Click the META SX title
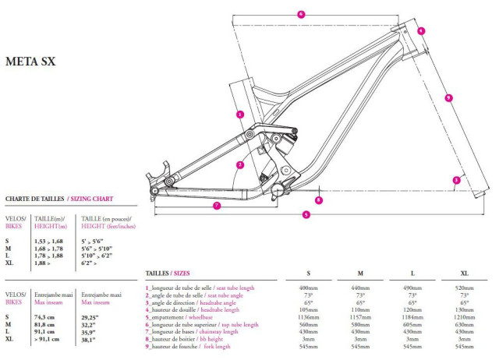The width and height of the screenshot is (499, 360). [x=32, y=61]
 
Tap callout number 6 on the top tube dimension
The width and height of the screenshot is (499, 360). [x=301, y=14]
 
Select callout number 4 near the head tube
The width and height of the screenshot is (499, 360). [x=420, y=31]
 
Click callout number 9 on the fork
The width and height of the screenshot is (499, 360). [x=448, y=97]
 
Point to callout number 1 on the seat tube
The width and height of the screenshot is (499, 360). [x=240, y=115]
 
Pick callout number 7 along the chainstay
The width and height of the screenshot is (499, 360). [x=217, y=205]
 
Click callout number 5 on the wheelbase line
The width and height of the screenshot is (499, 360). [x=306, y=214]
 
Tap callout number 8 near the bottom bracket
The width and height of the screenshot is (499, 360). [x=319, y=200]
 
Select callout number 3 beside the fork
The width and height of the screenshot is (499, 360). [x=456, y=180]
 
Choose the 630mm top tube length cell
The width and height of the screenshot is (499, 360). [x=464, y=325]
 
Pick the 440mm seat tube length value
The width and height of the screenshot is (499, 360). [x=360, y=288]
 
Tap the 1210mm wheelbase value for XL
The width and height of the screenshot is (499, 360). [x=464, y=317]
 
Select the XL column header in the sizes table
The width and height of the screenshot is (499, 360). [x=464, y=274]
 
